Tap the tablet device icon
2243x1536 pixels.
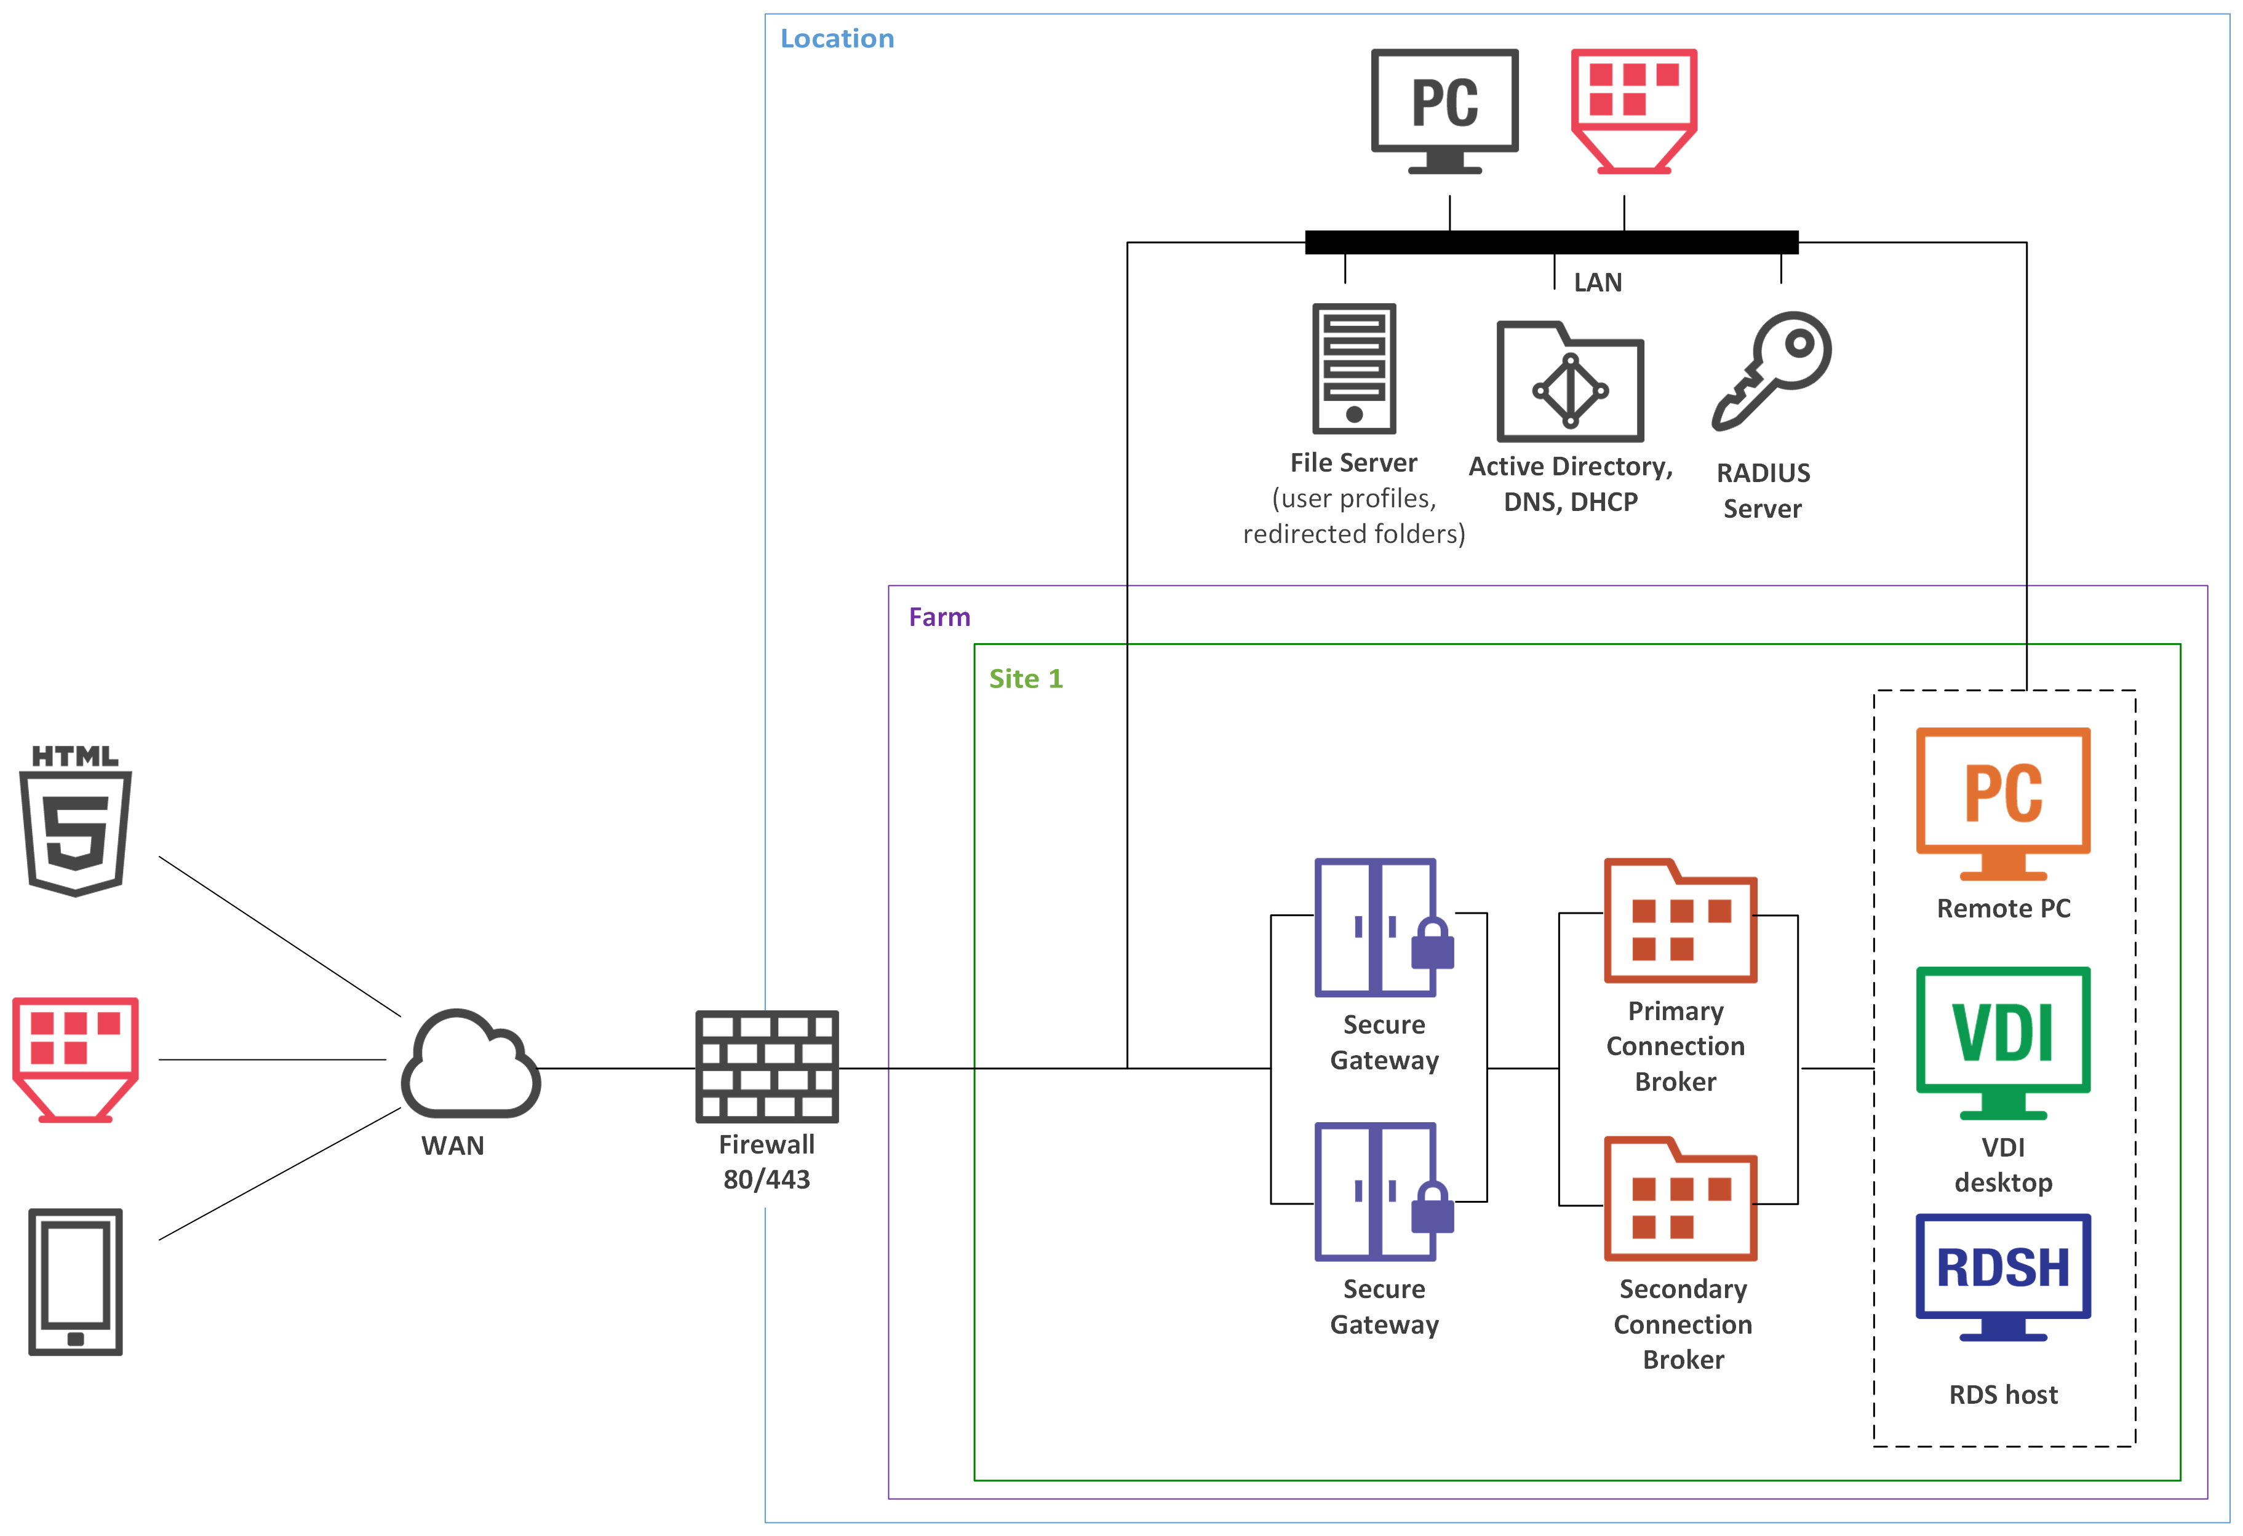[75, 1281]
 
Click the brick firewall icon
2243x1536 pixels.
[767, 1066]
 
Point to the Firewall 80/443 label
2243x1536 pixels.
[767, 1162]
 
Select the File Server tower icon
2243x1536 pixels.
[1353, 368]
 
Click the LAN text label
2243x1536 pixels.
[1597, 283]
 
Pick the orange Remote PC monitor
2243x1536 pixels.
[2002, 802]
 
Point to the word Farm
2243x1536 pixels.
[939, 617]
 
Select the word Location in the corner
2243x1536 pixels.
[837, 39]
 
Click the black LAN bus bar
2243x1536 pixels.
[1550, 242]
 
